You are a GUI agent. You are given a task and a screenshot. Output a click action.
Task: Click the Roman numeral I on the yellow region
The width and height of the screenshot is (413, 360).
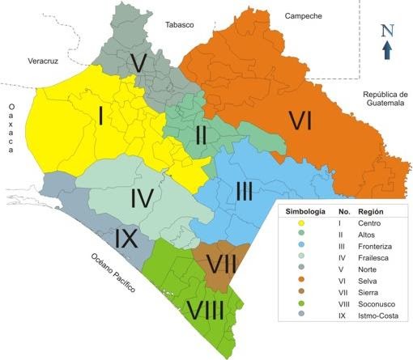tap(100, 117)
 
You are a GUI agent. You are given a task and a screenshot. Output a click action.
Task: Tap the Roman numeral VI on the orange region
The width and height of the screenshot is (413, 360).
tap(300, 121)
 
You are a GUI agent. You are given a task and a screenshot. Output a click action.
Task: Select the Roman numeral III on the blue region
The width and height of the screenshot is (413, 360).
tap(247, 191)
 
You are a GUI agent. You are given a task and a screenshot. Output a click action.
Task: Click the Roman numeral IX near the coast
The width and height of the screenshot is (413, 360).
tap(130, 239)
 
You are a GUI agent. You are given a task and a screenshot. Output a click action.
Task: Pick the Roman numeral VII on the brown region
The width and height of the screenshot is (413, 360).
tap(216, 264)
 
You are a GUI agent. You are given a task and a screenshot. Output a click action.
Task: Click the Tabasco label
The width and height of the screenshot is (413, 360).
tap(180, 25)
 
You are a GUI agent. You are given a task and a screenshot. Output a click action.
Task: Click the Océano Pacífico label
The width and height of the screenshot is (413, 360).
tap(113, 273)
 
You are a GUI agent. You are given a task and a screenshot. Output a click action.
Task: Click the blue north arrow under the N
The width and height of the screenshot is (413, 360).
tap(387, 50)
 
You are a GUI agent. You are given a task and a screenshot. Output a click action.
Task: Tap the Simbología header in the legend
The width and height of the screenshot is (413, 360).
tap(303, 211)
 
